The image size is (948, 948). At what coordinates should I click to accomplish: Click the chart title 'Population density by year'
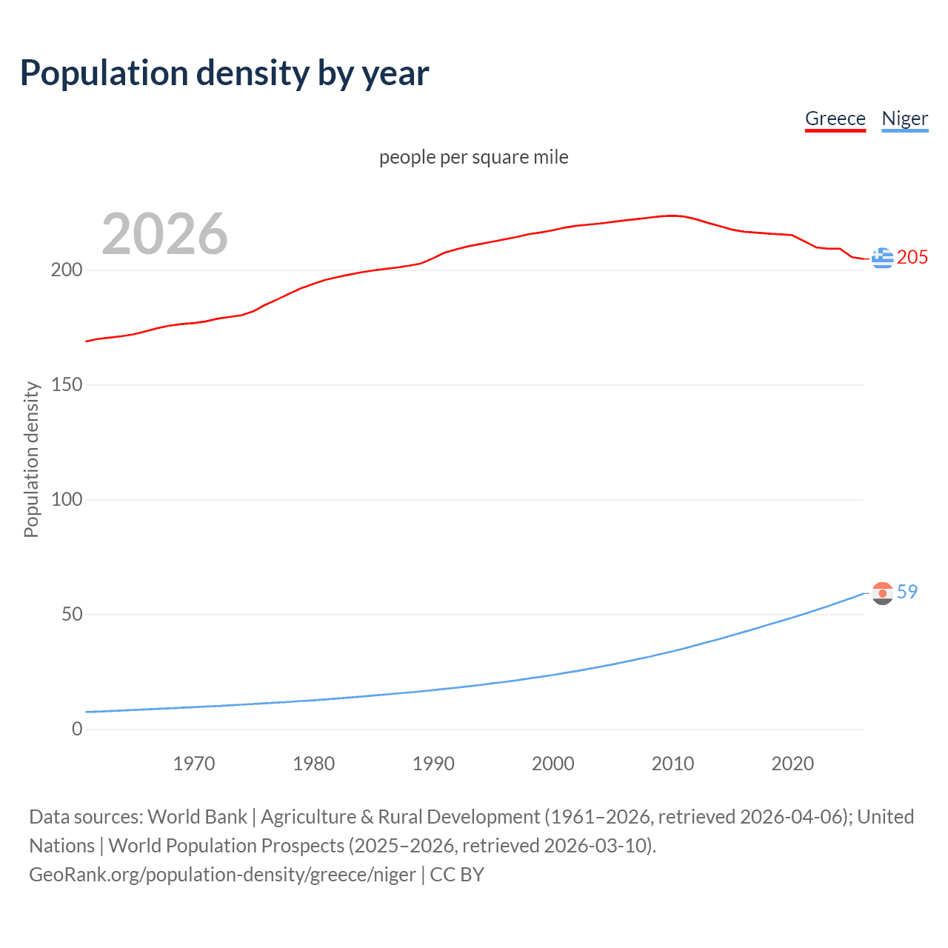pos(224,73)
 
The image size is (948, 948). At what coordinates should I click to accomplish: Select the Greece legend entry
pos(835,119)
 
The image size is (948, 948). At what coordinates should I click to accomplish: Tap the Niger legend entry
pos(904,119)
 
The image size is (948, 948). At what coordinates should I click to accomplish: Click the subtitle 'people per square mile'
pos(473,158)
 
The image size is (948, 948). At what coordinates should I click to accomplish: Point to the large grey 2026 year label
pos(164,234)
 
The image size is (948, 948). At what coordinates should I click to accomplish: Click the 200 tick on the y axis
pos(67,270)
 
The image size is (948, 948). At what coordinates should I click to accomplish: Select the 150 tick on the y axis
pos(67,385)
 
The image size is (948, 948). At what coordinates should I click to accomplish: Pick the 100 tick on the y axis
pos(67,500)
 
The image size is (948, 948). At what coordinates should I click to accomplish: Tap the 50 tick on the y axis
pos(72,615)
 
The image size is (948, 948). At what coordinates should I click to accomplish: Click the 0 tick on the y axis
pos(77,730)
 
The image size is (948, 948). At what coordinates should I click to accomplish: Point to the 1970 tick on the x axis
pos(194,764)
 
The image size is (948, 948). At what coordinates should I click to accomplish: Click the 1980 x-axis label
pos(314,764)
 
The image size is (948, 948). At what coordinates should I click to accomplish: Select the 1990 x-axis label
pos(433,764)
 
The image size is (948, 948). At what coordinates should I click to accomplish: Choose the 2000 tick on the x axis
pos(553,764)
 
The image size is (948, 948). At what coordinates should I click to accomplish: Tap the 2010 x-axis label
pos(672,764)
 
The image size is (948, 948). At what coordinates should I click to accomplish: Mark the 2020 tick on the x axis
pos(792,764)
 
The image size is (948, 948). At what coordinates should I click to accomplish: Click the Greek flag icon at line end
pos(882,258)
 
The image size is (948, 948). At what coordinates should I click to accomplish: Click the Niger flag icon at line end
pos(882,593)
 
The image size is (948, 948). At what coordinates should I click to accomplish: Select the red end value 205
pos(912,258)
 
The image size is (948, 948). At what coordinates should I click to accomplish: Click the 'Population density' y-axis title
pos(31,459)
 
